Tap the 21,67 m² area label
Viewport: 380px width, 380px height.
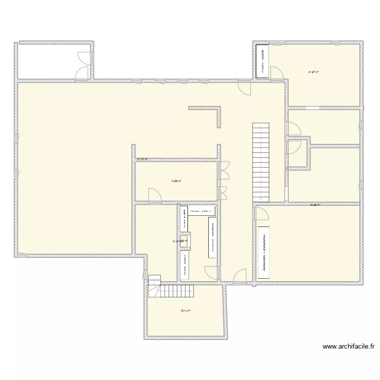point(313,72)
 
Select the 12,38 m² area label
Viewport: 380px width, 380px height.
point(176,180)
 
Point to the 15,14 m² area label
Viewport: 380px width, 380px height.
point(185,311)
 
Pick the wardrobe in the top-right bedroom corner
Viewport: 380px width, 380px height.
point(262,61)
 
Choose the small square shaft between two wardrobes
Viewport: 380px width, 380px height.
point(186,241)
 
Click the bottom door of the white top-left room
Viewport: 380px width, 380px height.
point(82,74)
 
